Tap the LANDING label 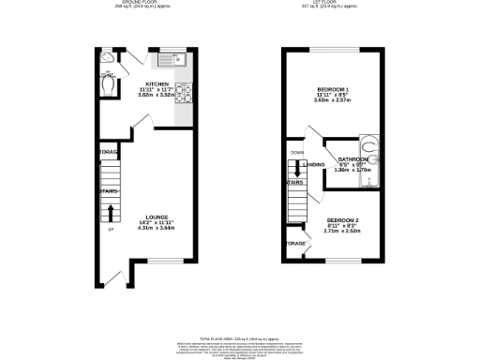[x=315, y=166]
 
